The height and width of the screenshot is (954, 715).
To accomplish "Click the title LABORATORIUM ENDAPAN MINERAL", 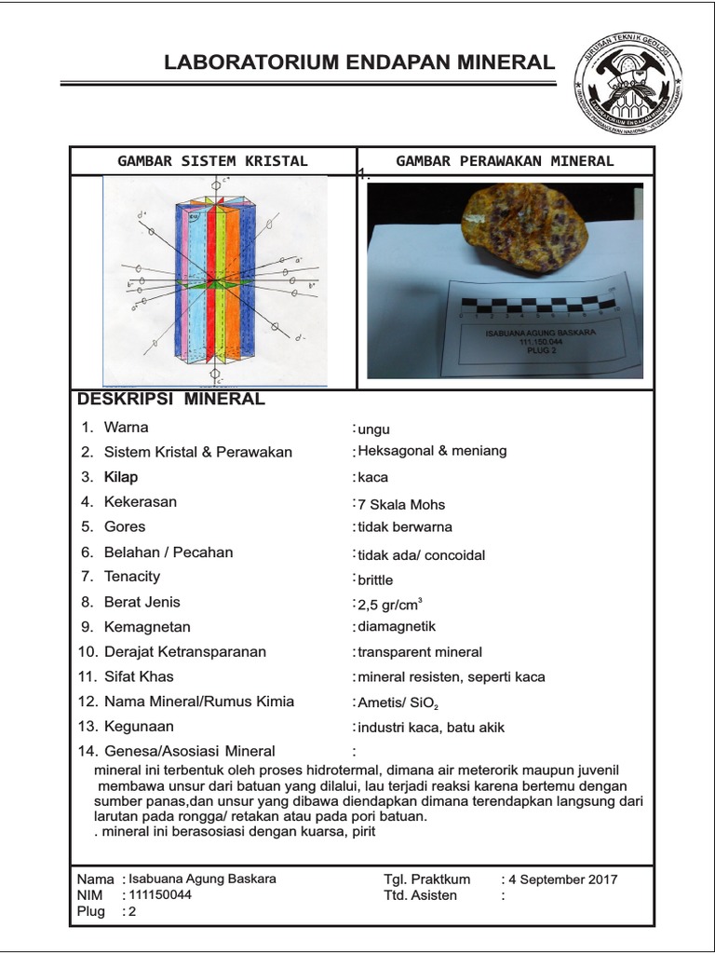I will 358,62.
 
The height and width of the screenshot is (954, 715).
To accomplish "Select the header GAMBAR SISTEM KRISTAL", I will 212,161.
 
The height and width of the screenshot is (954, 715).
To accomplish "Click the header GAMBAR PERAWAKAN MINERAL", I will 505,161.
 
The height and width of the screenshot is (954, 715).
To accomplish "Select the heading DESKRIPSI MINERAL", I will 170,400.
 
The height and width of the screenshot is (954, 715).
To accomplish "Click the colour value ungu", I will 373,429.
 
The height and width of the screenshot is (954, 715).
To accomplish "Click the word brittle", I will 376,579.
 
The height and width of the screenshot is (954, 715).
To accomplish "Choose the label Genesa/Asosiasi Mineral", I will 186,751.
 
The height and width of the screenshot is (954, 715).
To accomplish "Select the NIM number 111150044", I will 160,895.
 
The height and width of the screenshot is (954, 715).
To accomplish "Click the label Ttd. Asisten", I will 421,895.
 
